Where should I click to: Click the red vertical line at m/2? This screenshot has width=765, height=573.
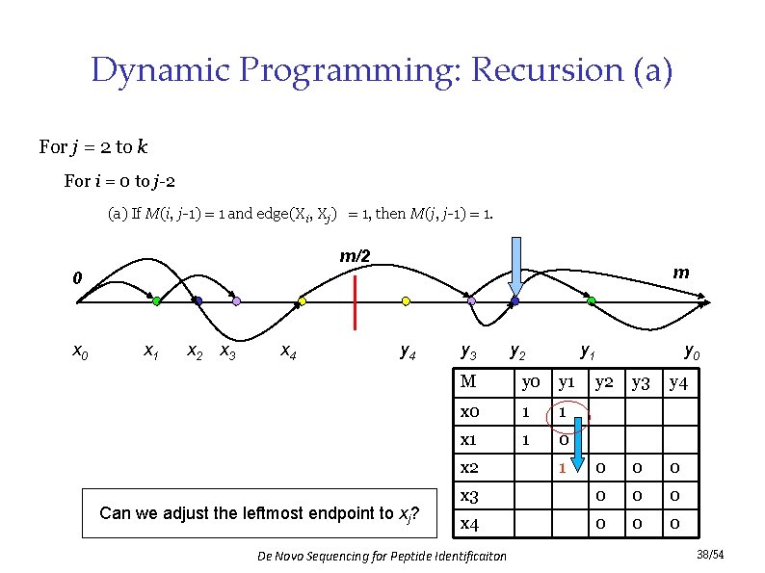click(x=356, y=301)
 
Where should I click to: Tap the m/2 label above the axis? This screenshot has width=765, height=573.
click(x=355, y=256)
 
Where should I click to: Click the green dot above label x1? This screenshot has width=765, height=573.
click(x=156, y=301)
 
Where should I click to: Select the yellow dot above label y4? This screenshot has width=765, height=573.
click(x=406, y=301)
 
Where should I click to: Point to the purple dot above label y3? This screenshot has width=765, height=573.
click(x=471, y=301)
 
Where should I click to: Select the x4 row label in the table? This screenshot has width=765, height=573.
click(x=470, y=524)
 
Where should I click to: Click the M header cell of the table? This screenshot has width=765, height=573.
click(x=468, y=381)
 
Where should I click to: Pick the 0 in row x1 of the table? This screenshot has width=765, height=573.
click(x=562, y=440)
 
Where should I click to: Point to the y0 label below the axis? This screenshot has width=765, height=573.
click(x=692, y=352)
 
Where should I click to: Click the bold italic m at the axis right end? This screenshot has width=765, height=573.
click(x=681, y=273)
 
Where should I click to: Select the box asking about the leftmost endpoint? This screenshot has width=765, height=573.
click(x=258, y=513)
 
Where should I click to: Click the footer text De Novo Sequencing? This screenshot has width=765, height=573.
click(x=382, y=556)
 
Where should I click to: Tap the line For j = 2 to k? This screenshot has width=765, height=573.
click(x=93, y=147)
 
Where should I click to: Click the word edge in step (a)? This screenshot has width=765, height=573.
click(x=273, y=213)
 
